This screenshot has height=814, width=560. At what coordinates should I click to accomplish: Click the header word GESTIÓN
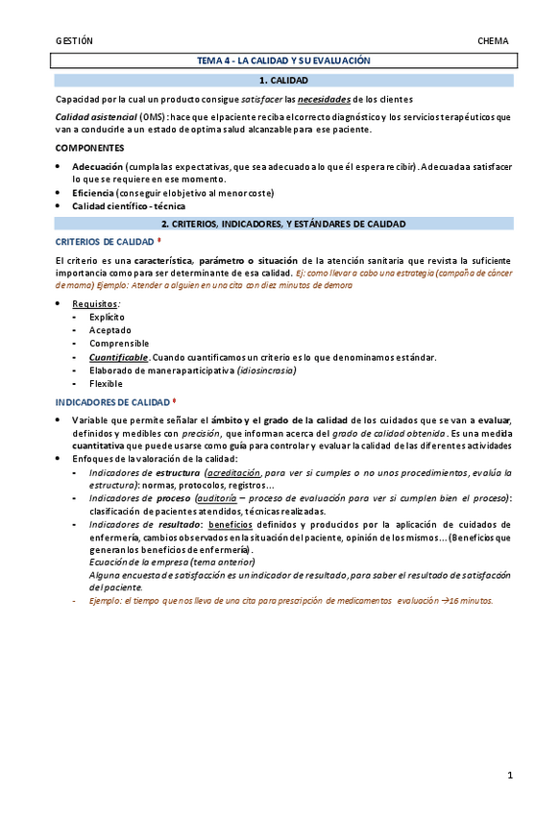pyautogui.click(x=74, y=40)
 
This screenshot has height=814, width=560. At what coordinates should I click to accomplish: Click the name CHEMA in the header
pyautogui.click(x=493, y=40)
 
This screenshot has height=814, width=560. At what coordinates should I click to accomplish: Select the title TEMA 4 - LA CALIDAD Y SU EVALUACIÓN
pyautogui.click(x=283, y=60)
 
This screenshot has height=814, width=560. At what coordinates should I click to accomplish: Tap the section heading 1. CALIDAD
pyautogui.click(x=283, y=81)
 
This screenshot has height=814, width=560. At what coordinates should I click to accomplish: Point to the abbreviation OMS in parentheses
pyautogui.click(x=151, y=116)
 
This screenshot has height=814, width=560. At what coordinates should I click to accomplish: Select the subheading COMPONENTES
pyautogui.click(x=89, y=148)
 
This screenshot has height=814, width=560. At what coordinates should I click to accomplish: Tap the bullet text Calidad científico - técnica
pyautogui.click(x=129, y=205)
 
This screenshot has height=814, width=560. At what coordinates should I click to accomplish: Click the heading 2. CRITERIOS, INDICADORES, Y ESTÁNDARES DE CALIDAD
pyautogui.click(x=283, y=224)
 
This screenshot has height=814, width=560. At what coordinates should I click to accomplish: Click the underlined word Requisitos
pyautogui.click(x=94, y=303)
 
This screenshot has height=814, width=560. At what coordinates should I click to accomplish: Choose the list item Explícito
pyautogui.click(x=107, y=317)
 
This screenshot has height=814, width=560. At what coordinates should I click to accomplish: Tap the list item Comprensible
pyautogui.click(x=119, y=344)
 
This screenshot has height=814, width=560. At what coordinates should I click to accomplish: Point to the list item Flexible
pyautogui.click(x=106, y=384)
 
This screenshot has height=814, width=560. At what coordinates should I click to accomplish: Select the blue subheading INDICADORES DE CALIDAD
pyautogui.click(x=111, y=402)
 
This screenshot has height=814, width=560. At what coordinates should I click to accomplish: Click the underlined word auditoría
pyautogui.click(x=216, y=498)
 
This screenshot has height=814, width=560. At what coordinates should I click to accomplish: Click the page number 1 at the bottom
pyautogui.click(x=510, y=774)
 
